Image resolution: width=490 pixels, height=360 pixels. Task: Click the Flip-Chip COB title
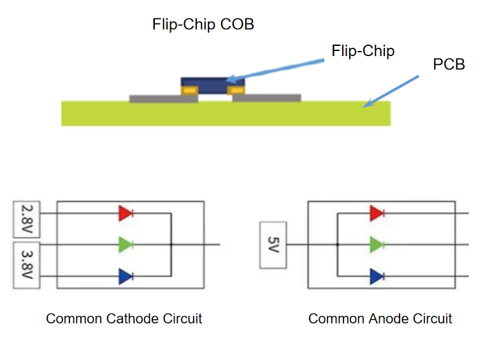203,25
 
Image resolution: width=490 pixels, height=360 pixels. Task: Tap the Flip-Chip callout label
363,52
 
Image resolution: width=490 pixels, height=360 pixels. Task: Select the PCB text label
448,64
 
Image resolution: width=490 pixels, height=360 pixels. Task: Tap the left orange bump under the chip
188,90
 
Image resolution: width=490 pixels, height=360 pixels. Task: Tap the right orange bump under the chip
237,90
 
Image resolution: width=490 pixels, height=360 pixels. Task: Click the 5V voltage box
273,245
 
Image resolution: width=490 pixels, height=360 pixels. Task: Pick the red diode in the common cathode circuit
126,213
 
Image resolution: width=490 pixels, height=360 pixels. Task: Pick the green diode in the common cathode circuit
126,245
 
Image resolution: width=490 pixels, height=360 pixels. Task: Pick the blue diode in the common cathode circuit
126,277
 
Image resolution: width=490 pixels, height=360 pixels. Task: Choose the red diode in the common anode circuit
377,213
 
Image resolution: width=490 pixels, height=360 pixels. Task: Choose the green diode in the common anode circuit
377,245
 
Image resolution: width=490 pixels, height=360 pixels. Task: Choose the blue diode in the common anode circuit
377,277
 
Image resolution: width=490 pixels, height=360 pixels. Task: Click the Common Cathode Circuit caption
124,319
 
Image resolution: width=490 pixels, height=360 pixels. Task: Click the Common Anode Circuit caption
380,319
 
